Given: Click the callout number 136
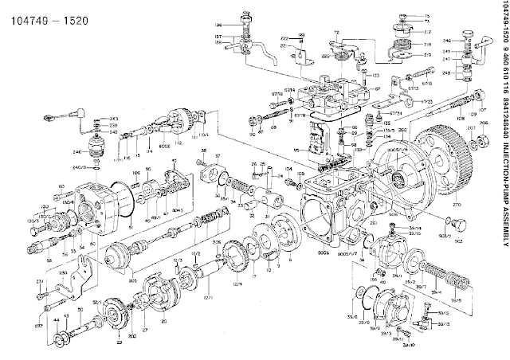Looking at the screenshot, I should (217, 25).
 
